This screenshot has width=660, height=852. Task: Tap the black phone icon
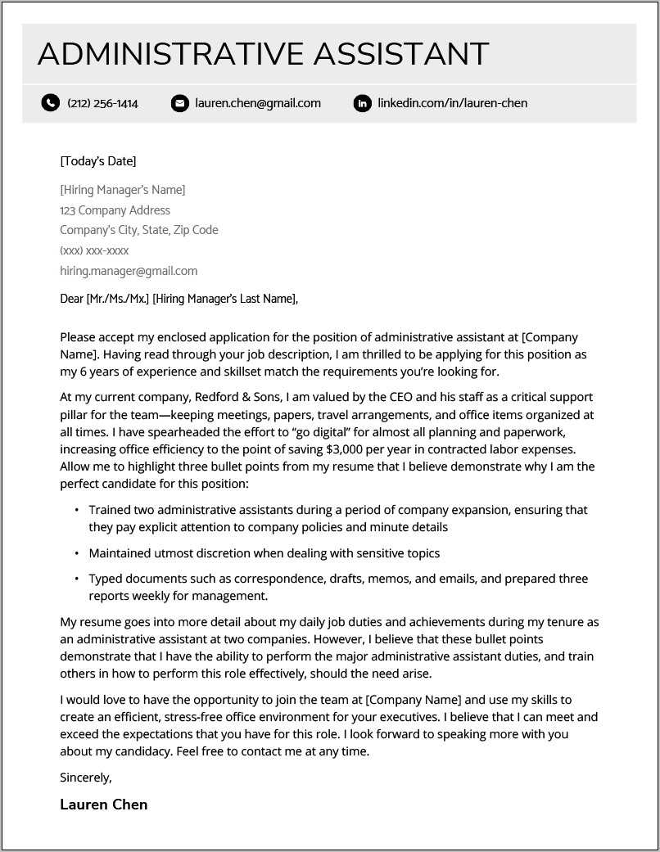click(51, 103)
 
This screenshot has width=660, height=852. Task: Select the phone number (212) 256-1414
click(102, 103)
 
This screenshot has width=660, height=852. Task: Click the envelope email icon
click(179, 103)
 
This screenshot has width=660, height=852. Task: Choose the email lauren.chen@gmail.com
click(258, 103)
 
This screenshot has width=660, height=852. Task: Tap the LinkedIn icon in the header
click(362, 103)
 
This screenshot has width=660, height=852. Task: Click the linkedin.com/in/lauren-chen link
click(452, 103)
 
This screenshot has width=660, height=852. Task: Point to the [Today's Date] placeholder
click(98, 160)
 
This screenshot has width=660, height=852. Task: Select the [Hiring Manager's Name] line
click(123, 190)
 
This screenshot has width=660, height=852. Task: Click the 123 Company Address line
click(115, 210)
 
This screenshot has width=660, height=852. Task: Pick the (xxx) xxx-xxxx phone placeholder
click(94, 250)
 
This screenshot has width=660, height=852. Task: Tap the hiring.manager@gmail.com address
click(129, 271)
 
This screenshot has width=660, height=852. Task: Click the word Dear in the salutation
click(72, 299)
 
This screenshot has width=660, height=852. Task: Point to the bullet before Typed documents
click(77, 579)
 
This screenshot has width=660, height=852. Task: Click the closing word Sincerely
click(86, 777)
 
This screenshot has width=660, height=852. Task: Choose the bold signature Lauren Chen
click(104, 805)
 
